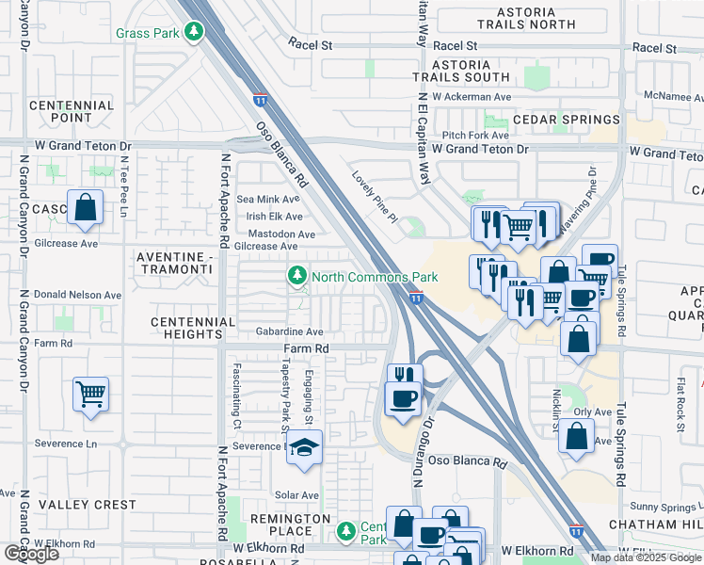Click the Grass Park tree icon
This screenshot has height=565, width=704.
pos(194,34)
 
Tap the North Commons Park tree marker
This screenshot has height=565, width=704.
pos(297,276)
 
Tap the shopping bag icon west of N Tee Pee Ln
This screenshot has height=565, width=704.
pos(85,208)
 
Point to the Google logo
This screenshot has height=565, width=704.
pos(31,554)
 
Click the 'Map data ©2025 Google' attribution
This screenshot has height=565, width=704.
pos(646,557)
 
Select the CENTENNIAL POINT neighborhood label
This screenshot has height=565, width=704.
pos(72,111)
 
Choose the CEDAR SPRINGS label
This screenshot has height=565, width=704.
pos(566,120)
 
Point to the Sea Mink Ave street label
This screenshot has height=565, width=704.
pos(267,200)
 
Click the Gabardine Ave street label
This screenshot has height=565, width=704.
pos(289,332)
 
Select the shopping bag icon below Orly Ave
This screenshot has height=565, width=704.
pos(577,437)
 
